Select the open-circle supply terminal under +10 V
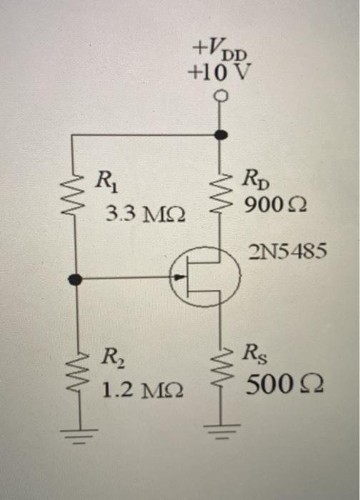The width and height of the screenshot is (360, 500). (x=221, y=96)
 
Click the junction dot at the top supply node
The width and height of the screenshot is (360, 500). (x=221, y=134)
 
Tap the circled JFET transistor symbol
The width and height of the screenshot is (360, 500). (x=206, y=276)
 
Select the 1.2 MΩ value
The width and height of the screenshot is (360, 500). (x=141, y=390)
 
